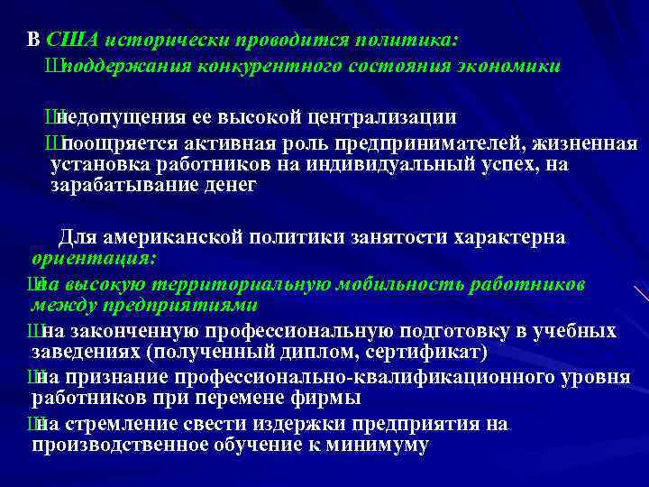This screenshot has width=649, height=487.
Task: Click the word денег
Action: (x=231, y=186)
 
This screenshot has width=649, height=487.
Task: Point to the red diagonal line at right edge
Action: (x=641, y=294)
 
